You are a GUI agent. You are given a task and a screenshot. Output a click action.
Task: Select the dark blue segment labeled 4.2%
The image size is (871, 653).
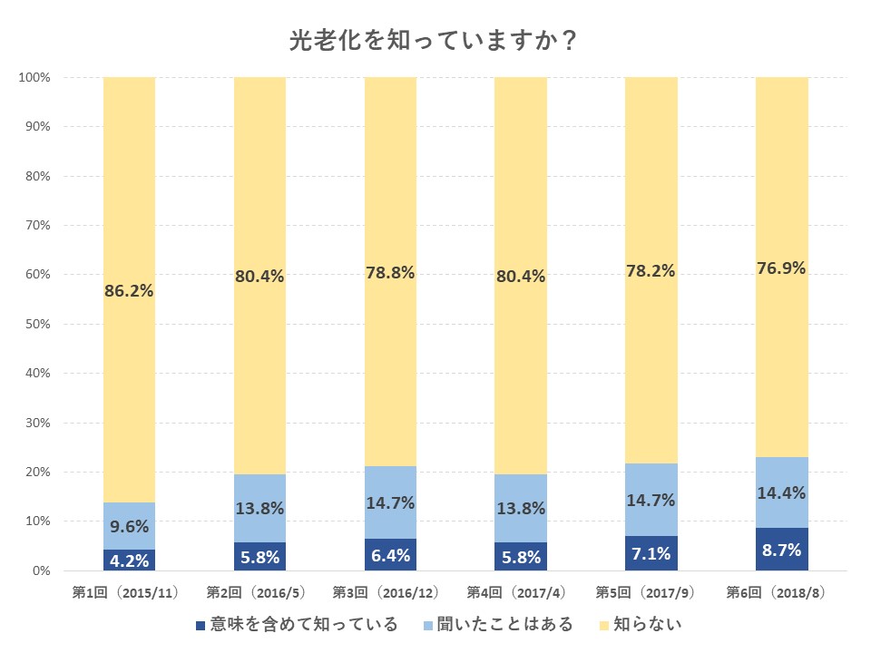[x=129, y=560]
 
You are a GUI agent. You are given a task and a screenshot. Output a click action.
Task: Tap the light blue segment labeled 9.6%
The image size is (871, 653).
[x=129, y=526]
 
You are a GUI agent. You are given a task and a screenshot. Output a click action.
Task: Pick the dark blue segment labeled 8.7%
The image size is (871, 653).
[x=781, y=550]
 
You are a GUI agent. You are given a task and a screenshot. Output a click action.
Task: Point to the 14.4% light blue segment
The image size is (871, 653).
[x=781, y=492]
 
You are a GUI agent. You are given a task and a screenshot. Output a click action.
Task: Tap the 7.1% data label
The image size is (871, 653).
[x=651, y=554]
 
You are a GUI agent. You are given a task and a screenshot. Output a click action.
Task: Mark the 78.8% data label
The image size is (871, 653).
[x=390, y=273]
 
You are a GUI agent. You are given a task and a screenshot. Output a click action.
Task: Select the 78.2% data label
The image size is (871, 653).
[x=651, y=270]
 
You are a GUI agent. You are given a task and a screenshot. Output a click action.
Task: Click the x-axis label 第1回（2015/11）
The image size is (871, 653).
[x=129, y=593]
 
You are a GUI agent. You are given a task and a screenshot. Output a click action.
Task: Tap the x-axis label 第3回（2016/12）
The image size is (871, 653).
[x=390, y=593]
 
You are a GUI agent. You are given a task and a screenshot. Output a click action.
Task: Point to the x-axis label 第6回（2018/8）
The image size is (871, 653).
[x=781, y=593]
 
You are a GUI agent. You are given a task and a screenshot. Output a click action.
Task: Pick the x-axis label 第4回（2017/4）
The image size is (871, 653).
[x=521, y=593]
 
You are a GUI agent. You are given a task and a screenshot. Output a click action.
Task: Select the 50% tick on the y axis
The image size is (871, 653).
[x=36, y=324]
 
